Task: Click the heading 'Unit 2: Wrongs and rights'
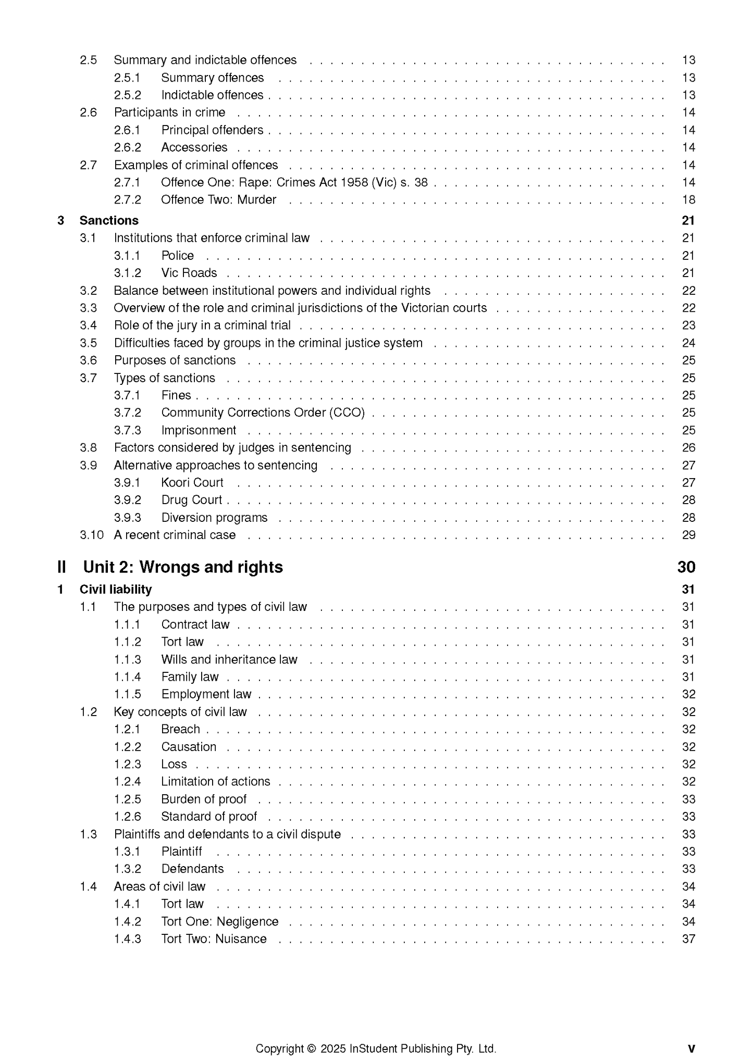point(183,567)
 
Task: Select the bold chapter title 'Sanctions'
point(109,221)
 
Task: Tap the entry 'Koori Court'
point(192,483)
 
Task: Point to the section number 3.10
point(92,535)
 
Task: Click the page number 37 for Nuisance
point(688,938)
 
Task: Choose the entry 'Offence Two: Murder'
point(218,200)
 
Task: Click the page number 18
point(688,200)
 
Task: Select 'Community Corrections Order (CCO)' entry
point(263,412)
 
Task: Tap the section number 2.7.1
point(127,182)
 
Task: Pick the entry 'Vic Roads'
point(189,273)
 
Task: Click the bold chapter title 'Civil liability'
point(116,590)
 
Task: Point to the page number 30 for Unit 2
point(686,567)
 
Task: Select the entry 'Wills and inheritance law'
point(229,659)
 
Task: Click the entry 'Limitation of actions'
point(216,781)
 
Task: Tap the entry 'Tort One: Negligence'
point(220,921)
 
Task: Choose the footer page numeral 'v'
point(691,1048)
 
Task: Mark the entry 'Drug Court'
point(192,500)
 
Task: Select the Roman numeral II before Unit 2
point(62,567)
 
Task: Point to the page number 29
point(688,535)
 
